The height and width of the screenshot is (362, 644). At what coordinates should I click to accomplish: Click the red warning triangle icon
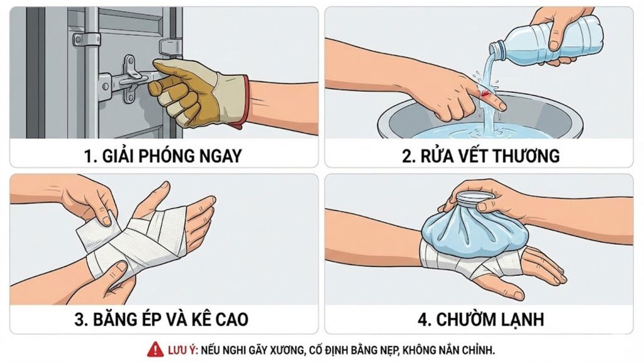click(x=155, y=349)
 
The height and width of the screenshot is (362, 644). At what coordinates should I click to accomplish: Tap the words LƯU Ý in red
click(x=183, y=350)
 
